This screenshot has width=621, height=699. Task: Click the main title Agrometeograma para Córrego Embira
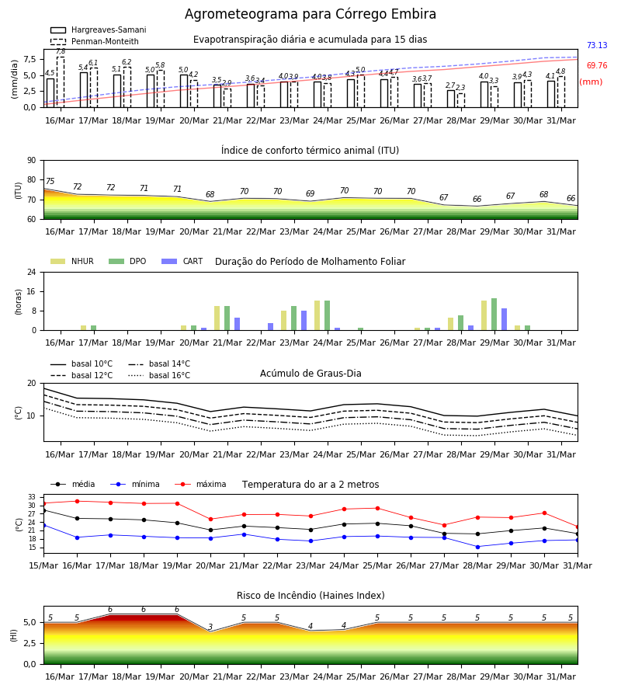pyautogui.click(x=310, y=14)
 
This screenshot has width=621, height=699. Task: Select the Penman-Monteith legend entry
pyautogui.click(x=95, y=41)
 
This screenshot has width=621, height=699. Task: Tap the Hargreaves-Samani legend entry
pyautogui.click(x=98, y=30)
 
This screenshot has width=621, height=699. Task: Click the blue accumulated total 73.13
pyautogui.click(x=597, y=46)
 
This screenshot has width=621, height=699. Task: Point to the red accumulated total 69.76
pyautogui.click(x=597, y=65)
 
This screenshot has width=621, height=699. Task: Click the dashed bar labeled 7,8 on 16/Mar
pyautogui.click(x=61, y=82)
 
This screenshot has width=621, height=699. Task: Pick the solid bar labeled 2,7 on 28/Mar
pyautogui.click(x=451, y=99)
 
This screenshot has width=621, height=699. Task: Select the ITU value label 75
pyautogui.click(x=50, y=181)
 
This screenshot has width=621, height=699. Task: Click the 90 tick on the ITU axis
pyautogui.click(x=32, y=161)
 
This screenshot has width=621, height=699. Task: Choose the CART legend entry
pyautogui.click(x=182, y=261)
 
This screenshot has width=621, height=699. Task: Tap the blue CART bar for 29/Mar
pyautogui.click(x=505, y=319)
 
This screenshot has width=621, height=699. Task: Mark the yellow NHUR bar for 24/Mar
pyautogui.click(x=317, y=315)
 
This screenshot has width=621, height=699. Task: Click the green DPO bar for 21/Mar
pyautogui.click(x=227, y=318)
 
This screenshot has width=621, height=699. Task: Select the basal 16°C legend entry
pyautogui.click(x=159, y=375)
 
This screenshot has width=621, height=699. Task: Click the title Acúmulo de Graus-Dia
pyautogui.click(x=310, y=374)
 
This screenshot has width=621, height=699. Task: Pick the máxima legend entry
pyautogui.click(x=200, y=484)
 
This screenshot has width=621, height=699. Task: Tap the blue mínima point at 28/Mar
pyautogui.click(x=477, y=547)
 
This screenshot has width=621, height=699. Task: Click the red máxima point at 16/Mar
pyautogui.click(x=77, y=501)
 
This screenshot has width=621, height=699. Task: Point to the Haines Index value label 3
pyautogui.click(x=210, y=627)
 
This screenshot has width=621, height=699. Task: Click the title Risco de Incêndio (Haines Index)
pyautogui.click(x=310, y=596)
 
